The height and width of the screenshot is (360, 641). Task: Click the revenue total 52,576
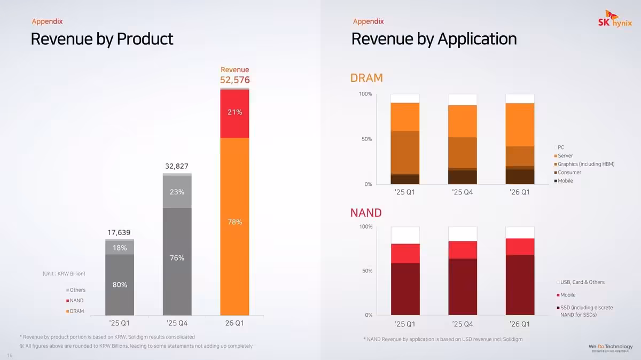tap(234, 80)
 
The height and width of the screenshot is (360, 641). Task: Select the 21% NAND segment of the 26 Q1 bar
tap(234, 112)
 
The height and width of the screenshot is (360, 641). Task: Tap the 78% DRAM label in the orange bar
tap(234, 222)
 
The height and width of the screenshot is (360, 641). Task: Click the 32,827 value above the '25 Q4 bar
tap(177, 166)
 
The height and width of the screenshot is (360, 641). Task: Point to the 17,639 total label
tap(119, 232)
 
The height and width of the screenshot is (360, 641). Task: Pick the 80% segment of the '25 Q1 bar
tap(119, 285)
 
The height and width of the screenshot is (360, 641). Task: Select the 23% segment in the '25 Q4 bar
tap(177, 192)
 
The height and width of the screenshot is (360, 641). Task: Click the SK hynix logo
tap(614, 21)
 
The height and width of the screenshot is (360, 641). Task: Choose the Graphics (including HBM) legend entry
tap(585, 164)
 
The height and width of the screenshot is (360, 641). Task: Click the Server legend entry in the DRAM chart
tap(565, 155)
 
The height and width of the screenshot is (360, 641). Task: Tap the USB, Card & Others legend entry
tap(582, 282)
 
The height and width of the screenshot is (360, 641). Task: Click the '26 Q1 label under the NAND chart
tap(519, 324)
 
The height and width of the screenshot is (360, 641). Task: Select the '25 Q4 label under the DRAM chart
tap(462, 192)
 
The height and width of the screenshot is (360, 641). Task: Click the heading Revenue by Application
tap(434, 39)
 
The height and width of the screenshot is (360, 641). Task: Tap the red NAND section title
tap(366, 213)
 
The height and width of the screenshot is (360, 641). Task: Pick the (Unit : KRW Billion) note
tap(64, 273)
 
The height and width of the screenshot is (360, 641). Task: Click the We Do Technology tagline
tap(611, 347)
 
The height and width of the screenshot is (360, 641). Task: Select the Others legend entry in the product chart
tap(77, 290)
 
